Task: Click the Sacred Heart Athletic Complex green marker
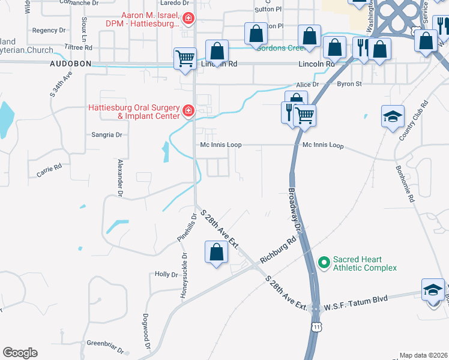[325, 263]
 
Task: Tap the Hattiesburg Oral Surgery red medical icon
[188, 112]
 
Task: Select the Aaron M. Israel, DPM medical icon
[188, 20]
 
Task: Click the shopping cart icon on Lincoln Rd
[185, 59]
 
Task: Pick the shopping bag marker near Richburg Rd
[216, 252]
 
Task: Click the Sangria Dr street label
[107, 135]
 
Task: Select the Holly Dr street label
[166, 274]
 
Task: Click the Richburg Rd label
[279, 251]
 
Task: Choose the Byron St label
[349, 84]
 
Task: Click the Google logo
[20, 353]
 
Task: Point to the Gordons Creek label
[278, 47]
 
